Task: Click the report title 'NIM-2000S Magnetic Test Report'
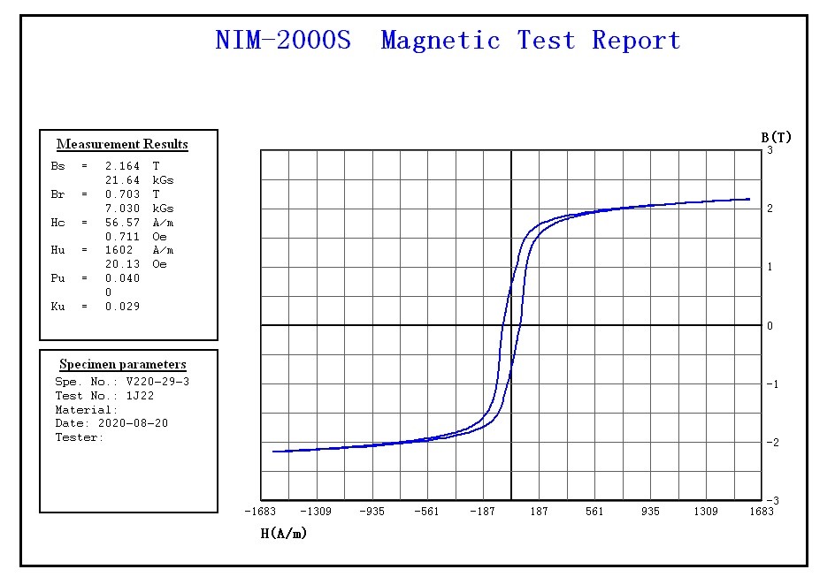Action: pos(448,41)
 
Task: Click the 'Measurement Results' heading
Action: pos(122,144)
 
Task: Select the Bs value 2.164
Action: pos(122,165)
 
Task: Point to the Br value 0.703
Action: pos(122,194)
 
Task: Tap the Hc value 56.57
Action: pos(122,222)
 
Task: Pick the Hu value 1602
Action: pos(119,250)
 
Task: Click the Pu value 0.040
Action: pos(122,278)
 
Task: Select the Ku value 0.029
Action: pos(122,307)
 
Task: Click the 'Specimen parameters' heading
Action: pos(123,364)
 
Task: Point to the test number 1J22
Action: pos(140,396)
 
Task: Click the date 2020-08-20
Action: pos(133,423)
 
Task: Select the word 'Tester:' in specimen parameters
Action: pos(80,437)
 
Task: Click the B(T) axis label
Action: pos(776,137)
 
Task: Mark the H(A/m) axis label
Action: pos(283,533)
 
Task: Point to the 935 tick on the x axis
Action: pos(650,512)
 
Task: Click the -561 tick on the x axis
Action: pos(427,512)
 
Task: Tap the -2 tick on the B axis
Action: pos(771,443)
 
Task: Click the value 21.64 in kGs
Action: pos(122,179)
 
